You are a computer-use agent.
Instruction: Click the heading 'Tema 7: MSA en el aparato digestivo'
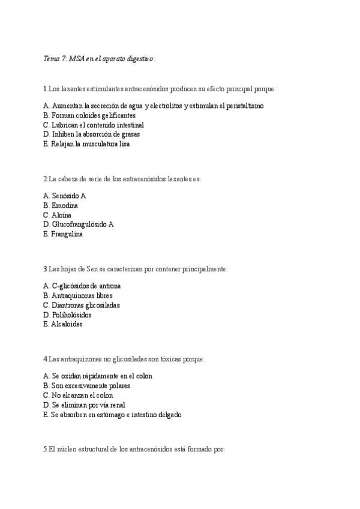point(99,59)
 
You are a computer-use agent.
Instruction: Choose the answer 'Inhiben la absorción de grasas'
point(95,134)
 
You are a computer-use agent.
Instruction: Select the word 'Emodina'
point(65,205)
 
